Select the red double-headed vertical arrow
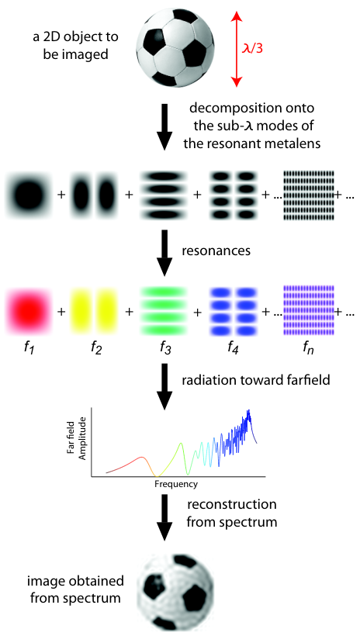tap(235, 49)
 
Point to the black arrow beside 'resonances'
tap(164, 253)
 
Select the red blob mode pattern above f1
tap(29, 311)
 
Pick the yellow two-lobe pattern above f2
tap(94, 311)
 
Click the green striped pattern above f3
tap(162, 311)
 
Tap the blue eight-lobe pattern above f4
tap(232, 311)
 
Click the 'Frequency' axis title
tap(176, 484)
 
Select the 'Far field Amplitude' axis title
tap(78, 444)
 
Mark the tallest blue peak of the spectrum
tap(249, 411)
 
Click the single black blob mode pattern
tap(29, 195)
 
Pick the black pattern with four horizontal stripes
tap(162, 195)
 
